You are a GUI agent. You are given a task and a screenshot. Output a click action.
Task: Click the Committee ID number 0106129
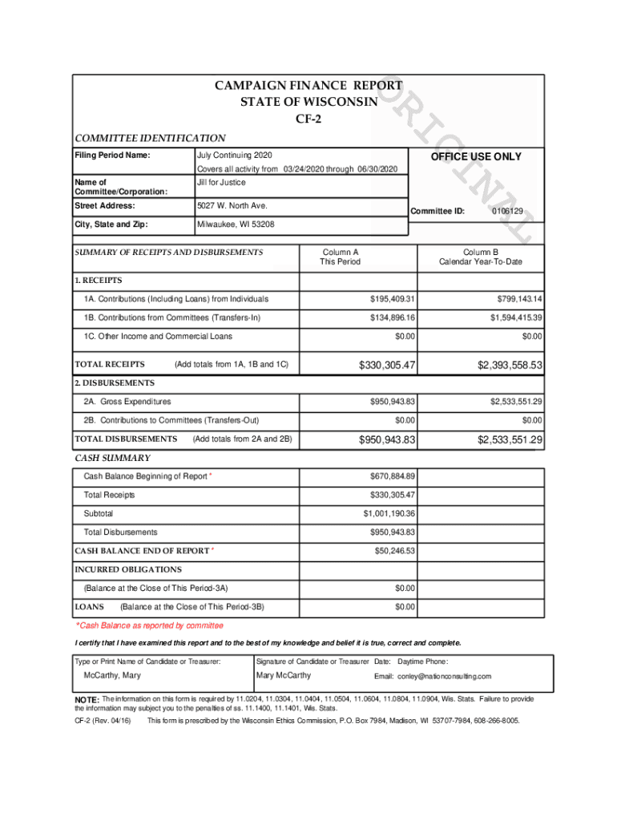point(508,212)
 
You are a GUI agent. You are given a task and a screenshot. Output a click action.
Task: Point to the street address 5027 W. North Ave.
point(232,206)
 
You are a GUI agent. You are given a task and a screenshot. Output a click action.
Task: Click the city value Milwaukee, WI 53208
point(236,224)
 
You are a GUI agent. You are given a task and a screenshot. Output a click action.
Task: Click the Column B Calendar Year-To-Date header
point(480,257)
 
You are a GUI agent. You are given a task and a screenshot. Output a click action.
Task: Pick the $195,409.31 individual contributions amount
point(392,299)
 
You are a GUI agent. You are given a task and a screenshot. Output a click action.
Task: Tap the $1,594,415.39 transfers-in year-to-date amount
point(510,318)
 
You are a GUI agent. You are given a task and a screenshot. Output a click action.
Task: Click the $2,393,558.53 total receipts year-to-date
point(510,366)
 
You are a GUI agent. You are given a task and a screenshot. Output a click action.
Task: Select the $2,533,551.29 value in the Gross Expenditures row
point(510,402)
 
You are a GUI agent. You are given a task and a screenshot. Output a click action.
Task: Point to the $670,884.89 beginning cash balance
point(392,476)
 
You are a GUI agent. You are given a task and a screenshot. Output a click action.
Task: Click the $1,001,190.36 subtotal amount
point(389,514)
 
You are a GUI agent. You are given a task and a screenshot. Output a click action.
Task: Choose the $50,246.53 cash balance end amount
point(395,551)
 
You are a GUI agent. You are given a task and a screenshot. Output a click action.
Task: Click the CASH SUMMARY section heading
point(113,458)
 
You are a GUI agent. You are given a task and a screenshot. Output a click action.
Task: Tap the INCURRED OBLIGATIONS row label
point(128,570)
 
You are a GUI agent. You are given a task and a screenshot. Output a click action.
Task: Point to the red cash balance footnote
point(150,625)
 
